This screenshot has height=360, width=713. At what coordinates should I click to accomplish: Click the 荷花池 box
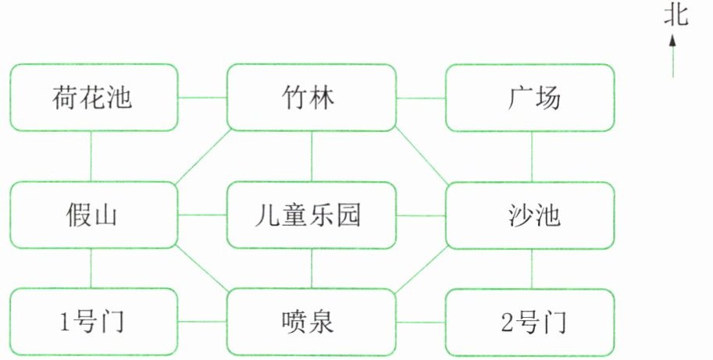click(94, 98)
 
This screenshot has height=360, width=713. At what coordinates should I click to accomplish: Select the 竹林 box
click(311, 98)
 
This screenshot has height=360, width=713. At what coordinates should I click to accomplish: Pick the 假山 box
click(94, 215)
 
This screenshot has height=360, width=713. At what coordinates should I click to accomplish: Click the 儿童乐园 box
click(311, 215)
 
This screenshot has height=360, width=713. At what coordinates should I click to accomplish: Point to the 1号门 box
click(94, 321)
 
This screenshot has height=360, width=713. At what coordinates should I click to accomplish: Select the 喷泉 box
click(311, 321)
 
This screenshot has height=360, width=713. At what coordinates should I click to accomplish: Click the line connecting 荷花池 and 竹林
click(202, 98)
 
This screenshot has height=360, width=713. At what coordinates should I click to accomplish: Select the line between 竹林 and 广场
click(421, 98)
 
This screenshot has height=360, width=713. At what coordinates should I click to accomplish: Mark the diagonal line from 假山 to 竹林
click(202, 157)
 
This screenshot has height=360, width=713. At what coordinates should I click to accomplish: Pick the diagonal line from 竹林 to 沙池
click(421, 157)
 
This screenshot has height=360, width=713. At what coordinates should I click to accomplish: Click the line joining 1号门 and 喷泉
click(202, 321)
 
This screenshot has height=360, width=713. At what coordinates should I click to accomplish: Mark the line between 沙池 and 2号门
click(532, 269)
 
